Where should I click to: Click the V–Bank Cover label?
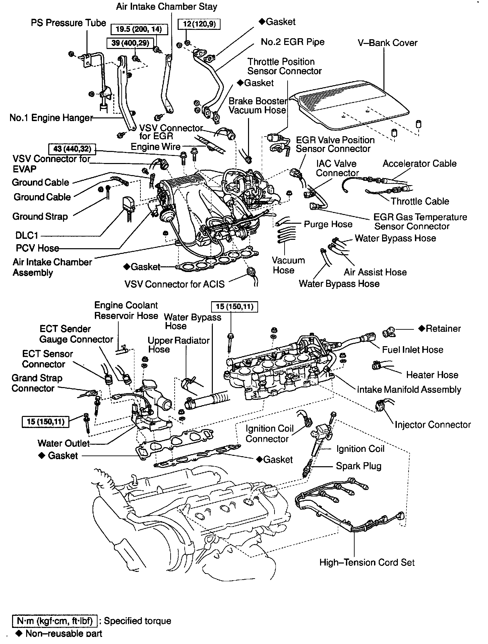click(x=387, y=43)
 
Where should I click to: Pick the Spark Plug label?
click(x=359, y=466)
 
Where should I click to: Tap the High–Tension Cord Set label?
click(x=367, y=562)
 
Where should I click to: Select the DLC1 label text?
click(x=27, y=235)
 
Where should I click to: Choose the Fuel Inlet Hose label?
click(x=413, y=350)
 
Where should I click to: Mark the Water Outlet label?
click(x=64, y=443)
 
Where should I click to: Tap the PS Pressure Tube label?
click(x=68, y=23)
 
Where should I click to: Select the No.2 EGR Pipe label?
click(x=293, y=42)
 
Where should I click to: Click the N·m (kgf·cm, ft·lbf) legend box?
click(x=55, y=621)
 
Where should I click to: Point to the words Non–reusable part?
click(x=64, y=634)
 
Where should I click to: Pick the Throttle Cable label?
click(x=420, y=202)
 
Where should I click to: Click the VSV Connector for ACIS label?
click(x=174, y=284)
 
